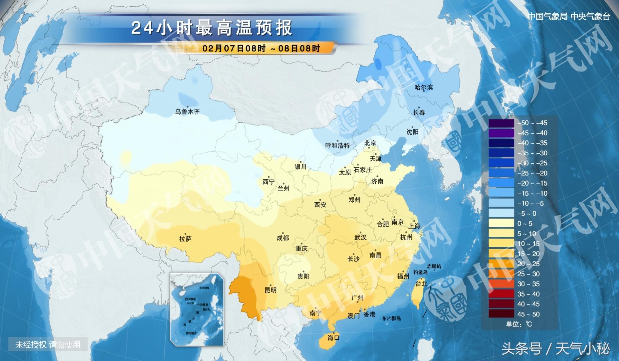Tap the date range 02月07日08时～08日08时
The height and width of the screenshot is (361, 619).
pyautogui.click(x=261, y=49)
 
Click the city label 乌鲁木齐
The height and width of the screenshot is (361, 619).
pyautogui.click(x=187, y=112)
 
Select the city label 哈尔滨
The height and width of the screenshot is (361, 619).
pyautogui.click(x=423, y=88)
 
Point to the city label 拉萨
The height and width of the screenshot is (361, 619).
pyautogui.click(x=185, y=239)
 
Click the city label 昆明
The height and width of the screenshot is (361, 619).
pyautogui.click(x=270, y=290)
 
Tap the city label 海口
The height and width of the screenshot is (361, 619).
pyautogui.click(x=333, y=338)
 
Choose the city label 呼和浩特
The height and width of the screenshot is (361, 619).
pyautogui.click(x=337, y=146)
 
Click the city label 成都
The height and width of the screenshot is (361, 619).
pyautogui.click(x=283, y=238)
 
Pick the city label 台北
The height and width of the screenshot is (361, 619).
pyautogui.click(x=421, y=283)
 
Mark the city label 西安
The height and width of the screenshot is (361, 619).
pyautogui.click(x=320, y=205)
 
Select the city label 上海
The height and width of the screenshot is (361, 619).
pyautogui.click(x=414, y=226)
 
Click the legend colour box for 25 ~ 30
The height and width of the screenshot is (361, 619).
pyautogui.click(x=501, y=274)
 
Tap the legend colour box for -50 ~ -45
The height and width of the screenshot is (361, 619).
pyautogui.click(x=501, y=123)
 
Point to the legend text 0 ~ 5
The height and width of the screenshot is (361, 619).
pyautogui.click(x=525, y=224)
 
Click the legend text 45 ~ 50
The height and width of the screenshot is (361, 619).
pyautogui.click(x=528, y=314)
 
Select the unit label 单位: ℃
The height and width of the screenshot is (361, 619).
pyautogui.click(x=519, y=324)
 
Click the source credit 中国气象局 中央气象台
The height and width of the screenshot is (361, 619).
pyautogui.click(x=569, y=17)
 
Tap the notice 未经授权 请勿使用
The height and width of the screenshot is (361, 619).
pyautogui.click(x=48, y=345)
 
